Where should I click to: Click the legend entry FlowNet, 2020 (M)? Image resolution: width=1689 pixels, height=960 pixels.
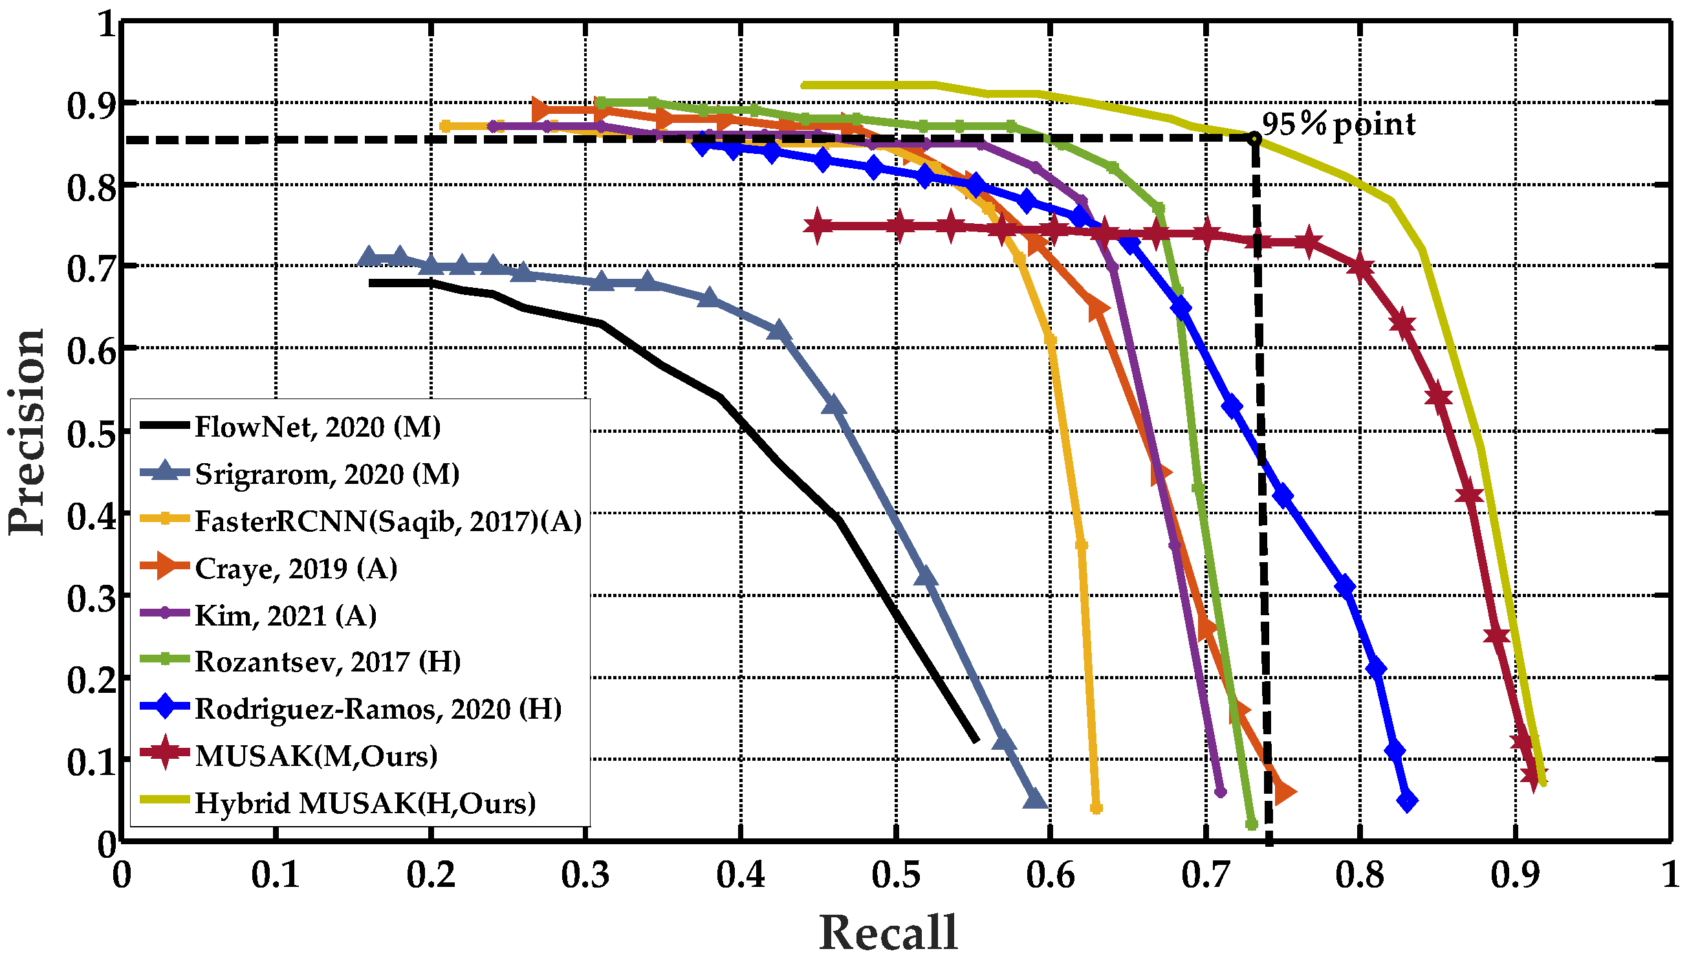click(x=317, y=427)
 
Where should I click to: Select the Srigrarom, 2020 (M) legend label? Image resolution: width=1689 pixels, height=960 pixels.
click(x=326, y=474)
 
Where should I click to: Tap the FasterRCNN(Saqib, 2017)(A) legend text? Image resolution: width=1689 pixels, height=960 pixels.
click(x=387, y=521)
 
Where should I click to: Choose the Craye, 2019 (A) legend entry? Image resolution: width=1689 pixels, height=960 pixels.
click(x=296, y=569)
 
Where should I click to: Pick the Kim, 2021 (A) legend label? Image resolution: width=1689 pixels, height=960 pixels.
click(x=285, y=616)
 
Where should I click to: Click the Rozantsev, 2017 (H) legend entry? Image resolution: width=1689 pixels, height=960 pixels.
click(x=328, y=662)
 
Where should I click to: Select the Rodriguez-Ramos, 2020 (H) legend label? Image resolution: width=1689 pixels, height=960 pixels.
click(x=378, y=710)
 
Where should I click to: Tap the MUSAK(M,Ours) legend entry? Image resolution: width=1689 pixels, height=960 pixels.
click(x=316, y=756)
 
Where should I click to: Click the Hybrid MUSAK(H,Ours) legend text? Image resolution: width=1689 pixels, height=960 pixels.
click(x=365, y=803)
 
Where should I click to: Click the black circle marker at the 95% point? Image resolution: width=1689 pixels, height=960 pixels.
click(x=1254, y=138)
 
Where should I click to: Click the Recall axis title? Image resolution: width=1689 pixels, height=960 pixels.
click(x=888, y=932)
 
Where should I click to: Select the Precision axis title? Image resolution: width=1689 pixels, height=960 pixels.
click(x=28, y=432)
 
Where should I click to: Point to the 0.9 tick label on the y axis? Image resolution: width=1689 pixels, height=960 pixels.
click(x=91, y=105)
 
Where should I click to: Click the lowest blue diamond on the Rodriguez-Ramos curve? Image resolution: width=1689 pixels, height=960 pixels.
click(x=1408, y=802)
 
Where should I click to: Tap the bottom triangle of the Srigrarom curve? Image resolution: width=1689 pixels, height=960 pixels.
click(x=1036, y=799)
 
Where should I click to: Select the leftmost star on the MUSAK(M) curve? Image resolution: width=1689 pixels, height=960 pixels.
click(x=817, y=226)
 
